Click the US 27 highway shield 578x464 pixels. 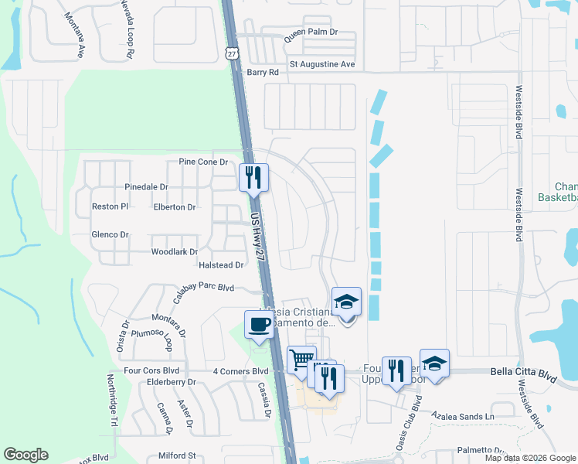tap(231, 52)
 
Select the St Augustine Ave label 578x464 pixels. tap(321, 64)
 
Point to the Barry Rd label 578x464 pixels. tap(262, 72)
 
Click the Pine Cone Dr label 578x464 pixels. tap(203, 162)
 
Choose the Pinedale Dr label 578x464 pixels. tap(146, 187)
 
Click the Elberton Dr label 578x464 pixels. tap(175, 207)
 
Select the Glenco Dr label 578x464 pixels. tap(110, 234)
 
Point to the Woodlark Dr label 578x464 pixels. tap(175, 252)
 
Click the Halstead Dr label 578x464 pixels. tap(221, 265)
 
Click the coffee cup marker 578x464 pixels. tap(259, 323)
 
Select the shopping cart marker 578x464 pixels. tap(301, 359)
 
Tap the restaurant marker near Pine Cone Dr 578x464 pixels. tap(253, 178)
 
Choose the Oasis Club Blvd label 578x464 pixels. tap(417, 415)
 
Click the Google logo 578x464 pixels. tap(25, 455)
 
